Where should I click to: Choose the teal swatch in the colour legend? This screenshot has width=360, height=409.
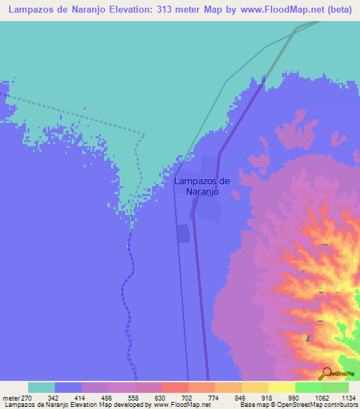pos(41,387)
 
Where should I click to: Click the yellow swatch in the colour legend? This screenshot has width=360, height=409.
pos(281,387)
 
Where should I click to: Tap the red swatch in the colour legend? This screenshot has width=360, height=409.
pos(174,387)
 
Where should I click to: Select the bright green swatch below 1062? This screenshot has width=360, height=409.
pos(308,387)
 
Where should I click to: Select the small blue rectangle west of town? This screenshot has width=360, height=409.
pos(184,233)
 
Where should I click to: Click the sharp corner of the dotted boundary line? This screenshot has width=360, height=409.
pos(144,134)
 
